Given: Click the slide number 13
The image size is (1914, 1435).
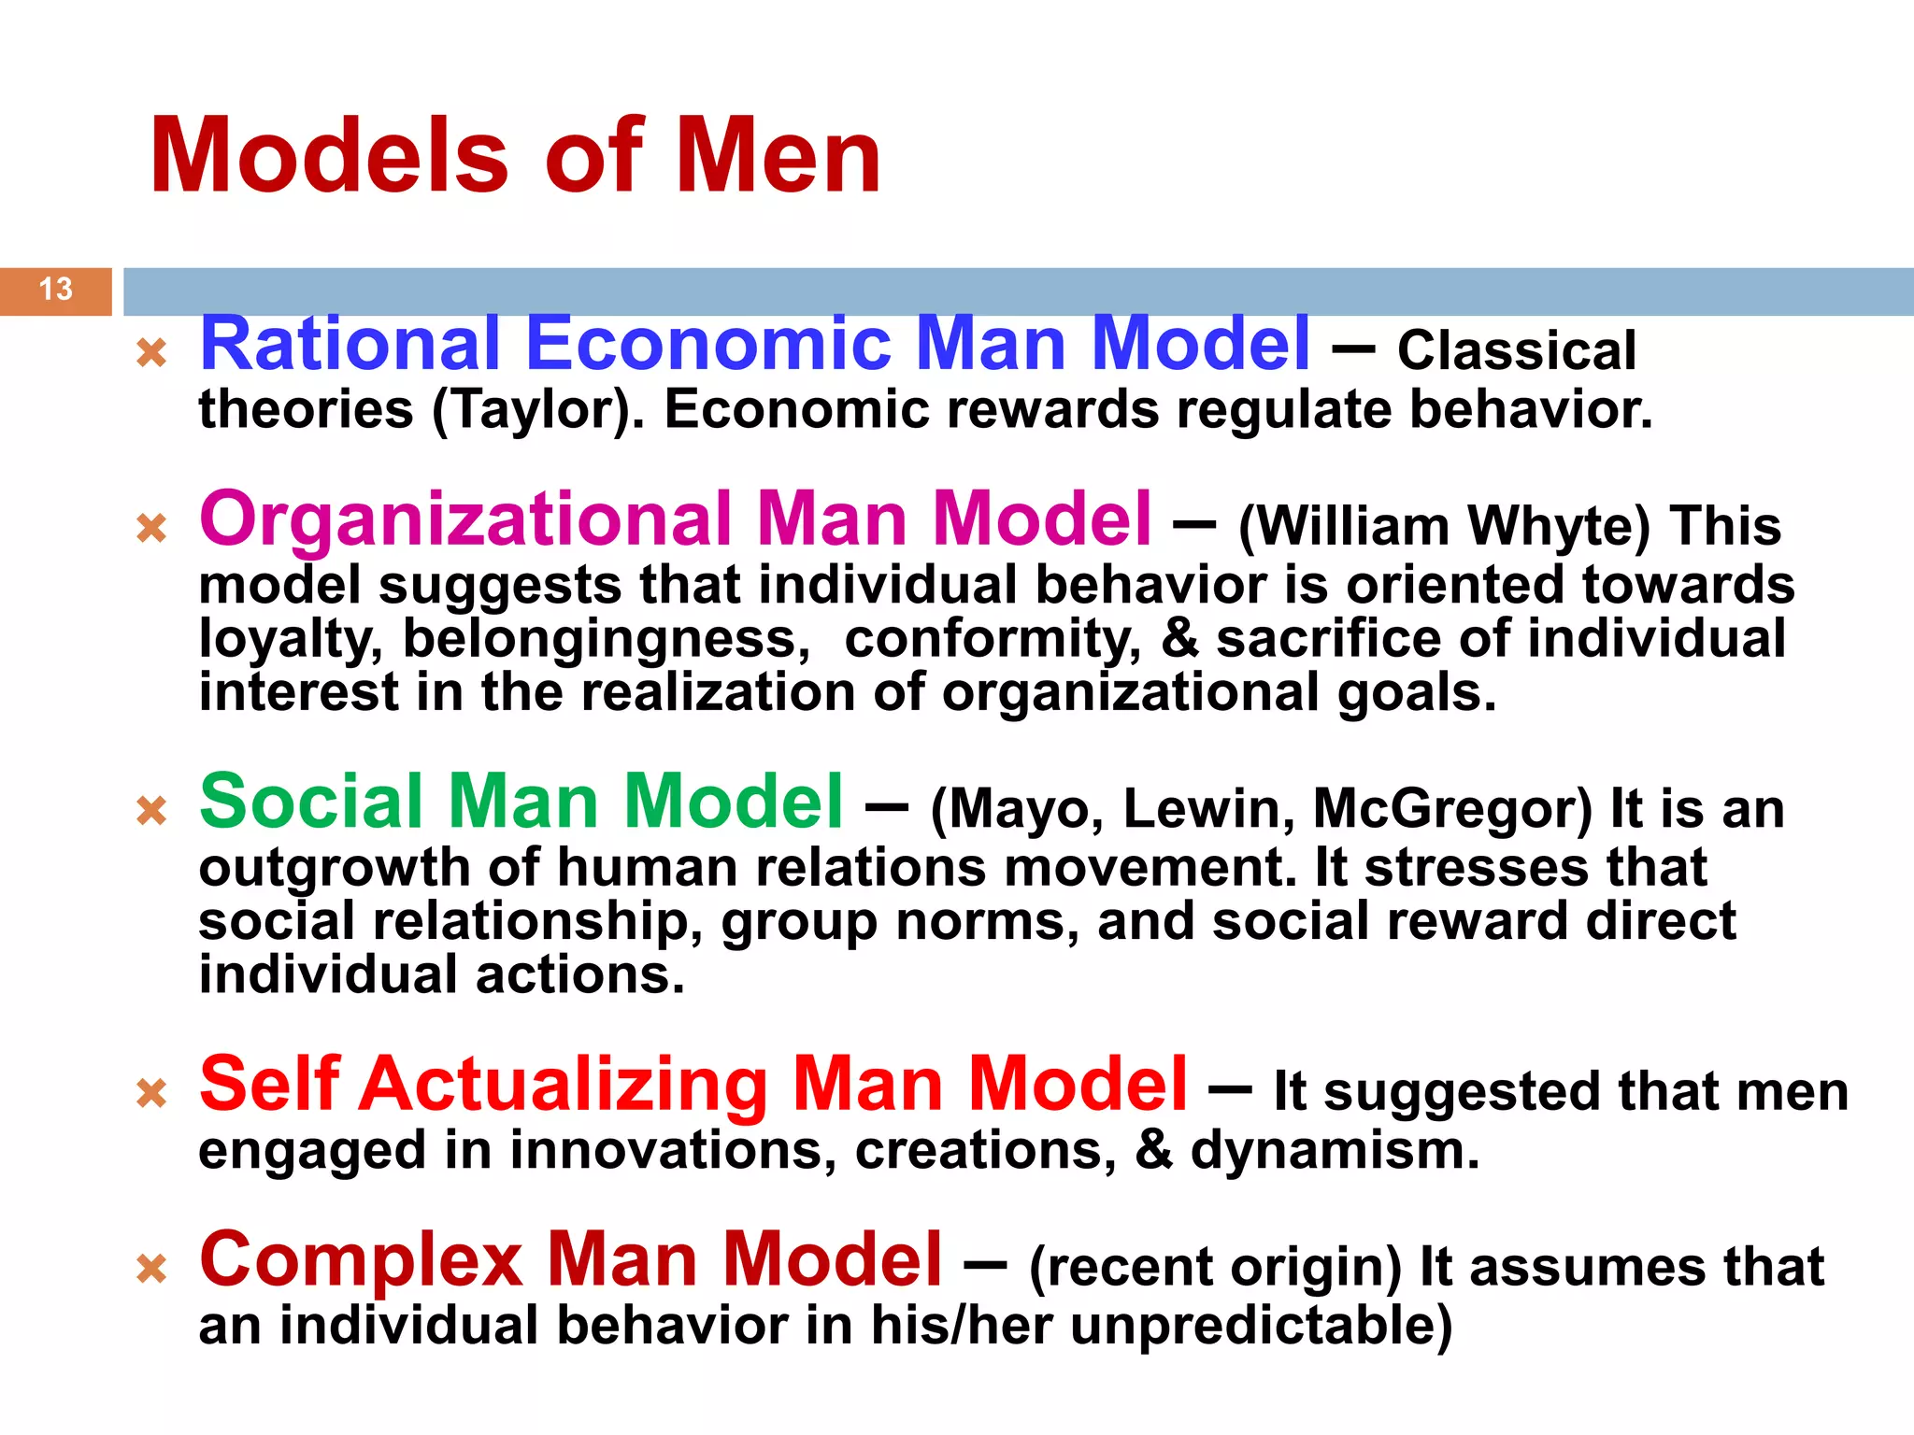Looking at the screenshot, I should point(56,289).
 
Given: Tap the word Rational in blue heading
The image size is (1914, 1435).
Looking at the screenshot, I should point(350,344).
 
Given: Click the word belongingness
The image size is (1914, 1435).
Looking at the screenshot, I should point(606,639).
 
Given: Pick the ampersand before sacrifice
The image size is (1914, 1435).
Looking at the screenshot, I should point(1179,639).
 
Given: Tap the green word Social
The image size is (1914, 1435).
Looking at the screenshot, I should point(312,802).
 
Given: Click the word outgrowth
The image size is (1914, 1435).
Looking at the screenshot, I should point(334,868).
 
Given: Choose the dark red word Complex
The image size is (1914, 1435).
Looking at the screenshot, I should point(361,1260).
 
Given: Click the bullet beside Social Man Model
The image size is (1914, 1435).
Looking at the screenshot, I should point(151,810).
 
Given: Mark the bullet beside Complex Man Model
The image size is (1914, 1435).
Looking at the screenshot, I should point(151,1268).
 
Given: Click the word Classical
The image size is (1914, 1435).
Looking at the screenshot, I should point(1516,351).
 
